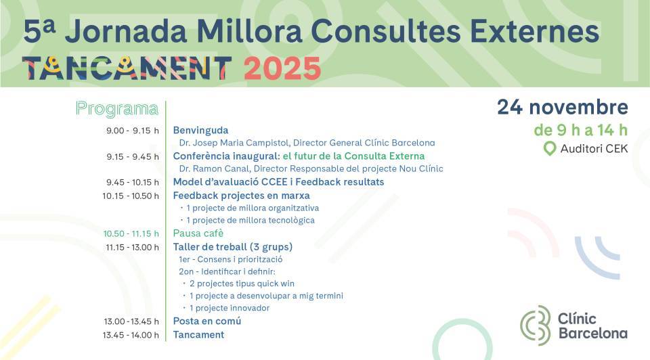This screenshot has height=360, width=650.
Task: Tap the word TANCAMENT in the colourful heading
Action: pos(127,68)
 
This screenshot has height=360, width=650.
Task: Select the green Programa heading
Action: pos(117,108)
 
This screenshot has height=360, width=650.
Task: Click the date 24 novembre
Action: pos(562,107)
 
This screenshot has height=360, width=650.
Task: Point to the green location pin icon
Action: pos(550,149)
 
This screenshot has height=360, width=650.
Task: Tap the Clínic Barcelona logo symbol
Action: pos(536,325)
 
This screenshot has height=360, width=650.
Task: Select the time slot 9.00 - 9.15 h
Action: pos(133,131)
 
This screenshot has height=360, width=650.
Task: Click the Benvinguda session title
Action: pos(200,131)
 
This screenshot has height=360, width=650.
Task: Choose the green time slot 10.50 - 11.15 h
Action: pos(131,233)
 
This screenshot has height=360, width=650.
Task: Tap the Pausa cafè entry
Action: pos(198,233)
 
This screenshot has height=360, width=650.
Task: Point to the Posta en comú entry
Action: pos(207,321)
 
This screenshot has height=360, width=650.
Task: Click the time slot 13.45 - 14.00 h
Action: pos(131,334)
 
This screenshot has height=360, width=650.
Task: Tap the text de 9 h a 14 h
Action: pos(580,130)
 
